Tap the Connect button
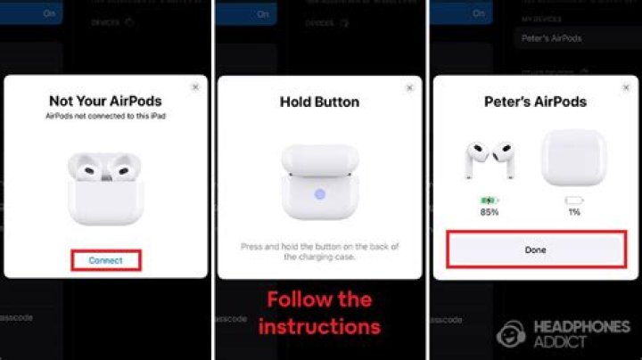tap(106, 260)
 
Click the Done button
tap(535, 250)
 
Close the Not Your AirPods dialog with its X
tap(194, 87)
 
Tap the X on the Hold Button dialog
tap(409, 88)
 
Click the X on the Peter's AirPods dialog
tap(623, 87)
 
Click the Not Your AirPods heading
tap(106, 101)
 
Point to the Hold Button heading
tap(319, 102)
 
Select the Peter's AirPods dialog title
tap(535, 102)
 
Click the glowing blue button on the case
tap(319, 193)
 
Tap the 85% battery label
tap(489, 212)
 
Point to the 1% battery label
tap(574, 212)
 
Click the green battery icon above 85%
tap(489, 200)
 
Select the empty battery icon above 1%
tap(574, 200)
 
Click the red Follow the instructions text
tap(319, 312)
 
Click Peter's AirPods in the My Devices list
tap(553, 38)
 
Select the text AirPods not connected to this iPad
tap(106, 117)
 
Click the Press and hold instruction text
tap(319, 250)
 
